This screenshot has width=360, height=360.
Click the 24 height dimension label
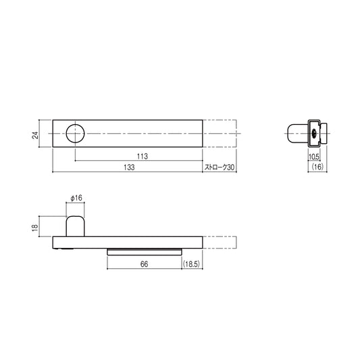(35, 135)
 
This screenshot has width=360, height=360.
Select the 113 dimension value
(143, 156)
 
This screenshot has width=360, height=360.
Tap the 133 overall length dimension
(129, 167)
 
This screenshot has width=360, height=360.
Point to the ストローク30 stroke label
(220, 167)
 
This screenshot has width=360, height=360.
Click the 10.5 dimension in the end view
(313, 157)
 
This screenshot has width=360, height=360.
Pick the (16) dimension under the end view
(317, 167)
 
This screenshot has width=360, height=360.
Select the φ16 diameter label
(76, 198)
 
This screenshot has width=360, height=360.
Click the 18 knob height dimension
(35, 228)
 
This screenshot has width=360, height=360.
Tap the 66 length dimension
(144, 264)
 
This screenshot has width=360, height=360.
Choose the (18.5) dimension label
(192, 264)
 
